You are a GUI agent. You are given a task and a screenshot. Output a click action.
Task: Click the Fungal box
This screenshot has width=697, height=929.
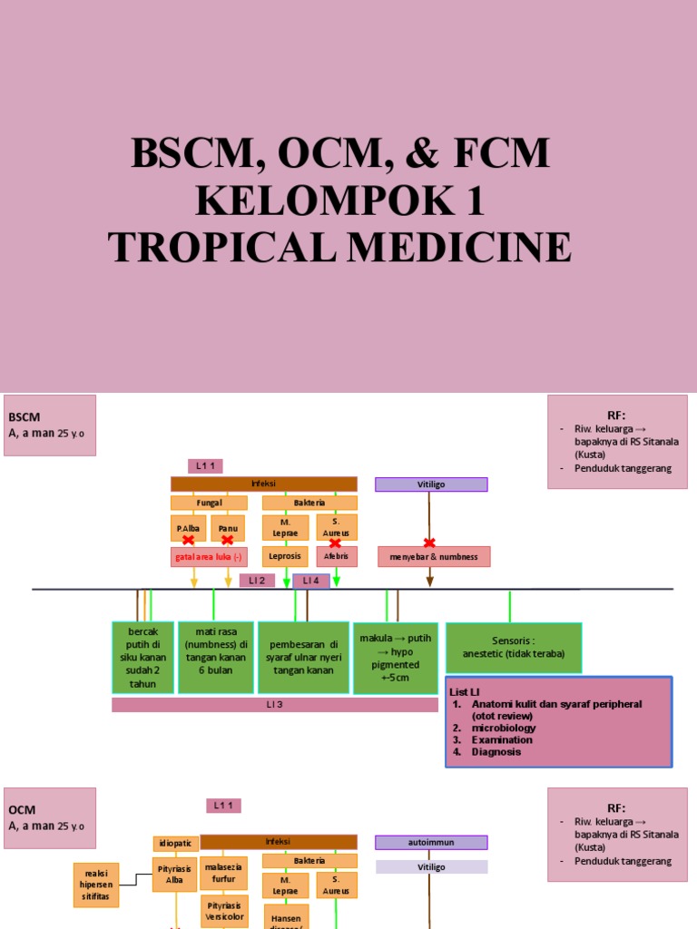[x=209, y=503]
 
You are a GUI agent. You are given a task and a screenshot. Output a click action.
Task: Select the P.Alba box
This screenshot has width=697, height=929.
[x=188, y=526]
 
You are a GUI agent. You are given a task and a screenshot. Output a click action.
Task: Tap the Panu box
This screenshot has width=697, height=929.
[x=228, y=526]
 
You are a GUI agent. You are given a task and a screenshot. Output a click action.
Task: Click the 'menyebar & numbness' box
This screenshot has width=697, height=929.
[x=434, y=557]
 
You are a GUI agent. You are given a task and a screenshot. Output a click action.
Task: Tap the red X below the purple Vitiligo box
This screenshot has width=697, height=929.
[x=429, y=543]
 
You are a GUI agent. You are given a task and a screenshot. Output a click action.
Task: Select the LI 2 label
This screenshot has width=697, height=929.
[x=257, y=581]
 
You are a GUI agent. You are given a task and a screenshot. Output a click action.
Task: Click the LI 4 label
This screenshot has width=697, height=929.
[x=311, y=581]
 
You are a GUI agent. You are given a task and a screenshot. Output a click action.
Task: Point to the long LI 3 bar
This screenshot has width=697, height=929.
[x=275, y=705]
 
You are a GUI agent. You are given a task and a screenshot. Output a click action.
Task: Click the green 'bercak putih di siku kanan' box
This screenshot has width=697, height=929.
[x=142, y=658]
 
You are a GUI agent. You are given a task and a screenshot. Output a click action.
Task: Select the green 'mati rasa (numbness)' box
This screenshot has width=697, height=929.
[x=215, y=658]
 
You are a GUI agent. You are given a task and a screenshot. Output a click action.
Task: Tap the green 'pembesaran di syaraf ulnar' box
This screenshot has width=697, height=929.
[x=303, y=658]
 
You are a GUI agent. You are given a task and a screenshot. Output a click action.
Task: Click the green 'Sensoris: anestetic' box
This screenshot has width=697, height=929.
[x=514, y=648]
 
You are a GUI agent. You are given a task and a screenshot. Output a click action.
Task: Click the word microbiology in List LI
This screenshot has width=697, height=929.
[x=504, y=728]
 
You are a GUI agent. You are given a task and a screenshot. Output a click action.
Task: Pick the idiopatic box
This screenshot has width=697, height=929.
[x=175, y=844]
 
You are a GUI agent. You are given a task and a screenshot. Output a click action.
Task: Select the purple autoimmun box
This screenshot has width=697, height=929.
[x=431, y=843]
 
